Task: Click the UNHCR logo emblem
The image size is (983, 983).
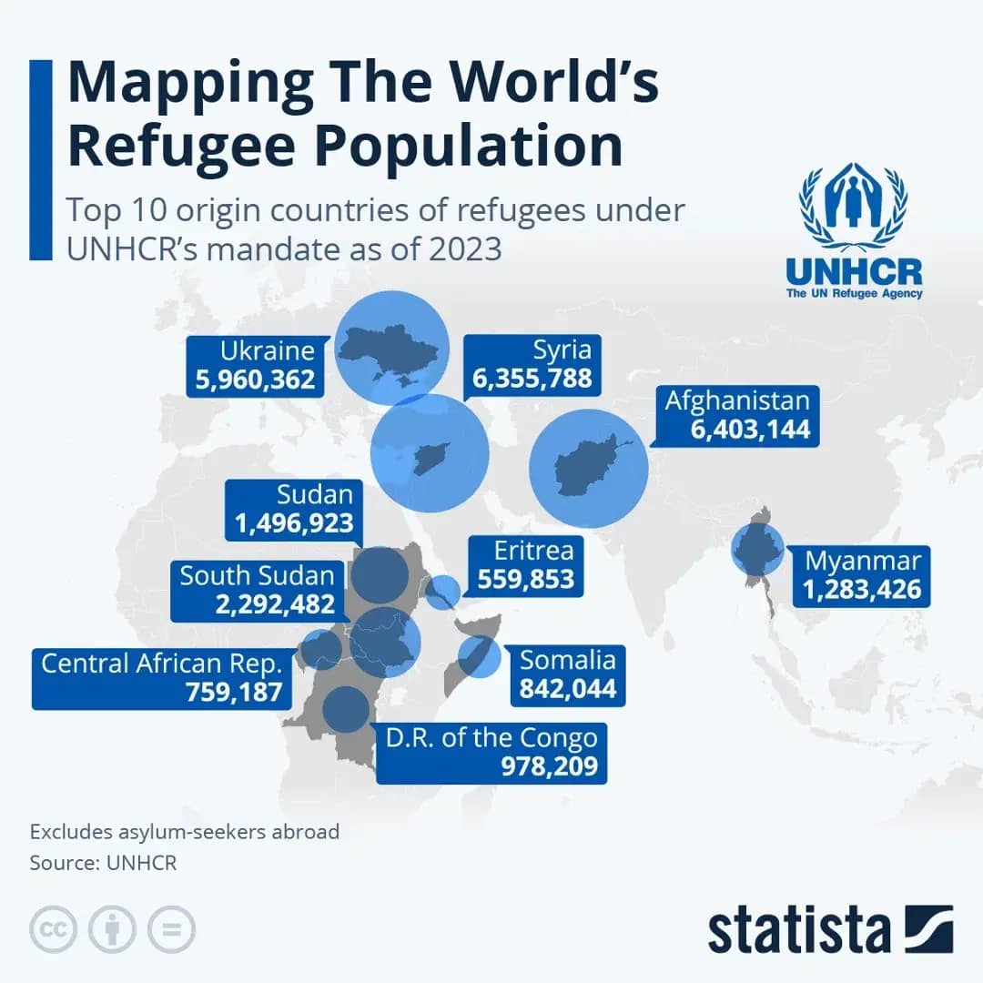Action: tap(853, 208)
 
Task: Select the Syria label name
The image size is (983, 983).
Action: tap(562, 350)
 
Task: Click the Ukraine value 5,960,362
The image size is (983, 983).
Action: tap(255, 380)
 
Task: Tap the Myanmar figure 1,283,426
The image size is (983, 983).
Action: tap(861, 590)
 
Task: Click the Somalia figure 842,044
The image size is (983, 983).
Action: tap(568, 689)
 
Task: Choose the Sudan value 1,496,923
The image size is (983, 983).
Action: tap(295, 524)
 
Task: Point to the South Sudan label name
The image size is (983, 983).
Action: tap(257, 575)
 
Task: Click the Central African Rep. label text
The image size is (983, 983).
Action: tap(161, 663)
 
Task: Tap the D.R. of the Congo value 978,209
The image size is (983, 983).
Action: tap(549, 766)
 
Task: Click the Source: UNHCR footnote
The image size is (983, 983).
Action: tap(103, 863)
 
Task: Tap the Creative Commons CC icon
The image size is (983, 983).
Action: tap(53, 929)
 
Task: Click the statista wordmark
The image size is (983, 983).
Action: tap(800, 931)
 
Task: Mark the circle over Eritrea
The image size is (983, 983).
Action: tap(443, 592)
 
